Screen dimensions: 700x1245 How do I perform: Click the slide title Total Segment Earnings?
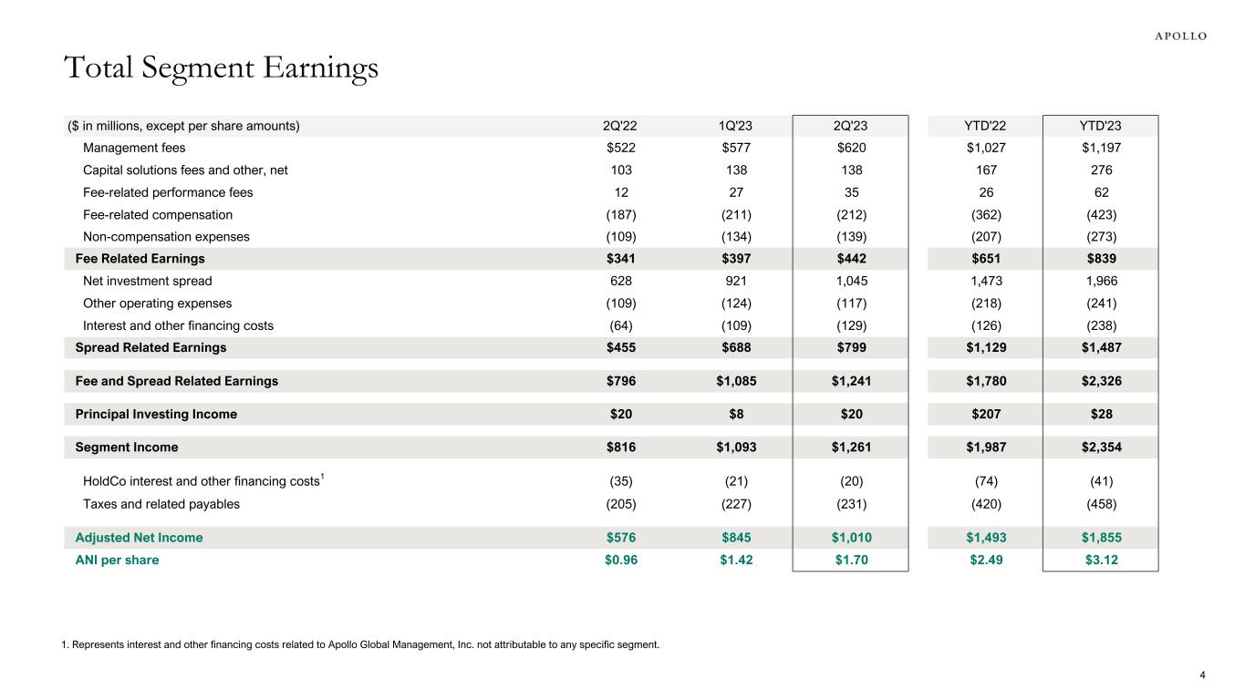tap(220, 68)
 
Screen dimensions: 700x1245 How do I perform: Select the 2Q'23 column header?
tap(850, 126)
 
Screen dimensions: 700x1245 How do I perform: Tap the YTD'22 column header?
tap(984, 126)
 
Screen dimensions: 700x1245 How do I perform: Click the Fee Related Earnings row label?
tap(140, 259)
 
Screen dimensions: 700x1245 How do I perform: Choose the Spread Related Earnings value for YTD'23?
tap(1099, 347)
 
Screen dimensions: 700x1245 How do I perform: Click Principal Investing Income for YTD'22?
tap(984, 414)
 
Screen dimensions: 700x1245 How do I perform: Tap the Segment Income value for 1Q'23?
tap(736, 448)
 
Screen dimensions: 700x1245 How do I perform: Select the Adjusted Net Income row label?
tap(139, 538)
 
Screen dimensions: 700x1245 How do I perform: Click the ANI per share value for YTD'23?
tap(1099, 560)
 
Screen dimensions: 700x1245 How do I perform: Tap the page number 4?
tap(1202, 675)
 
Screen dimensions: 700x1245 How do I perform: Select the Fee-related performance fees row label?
tap(168, 192)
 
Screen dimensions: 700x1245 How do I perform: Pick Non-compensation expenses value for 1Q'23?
tap(736, 237)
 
